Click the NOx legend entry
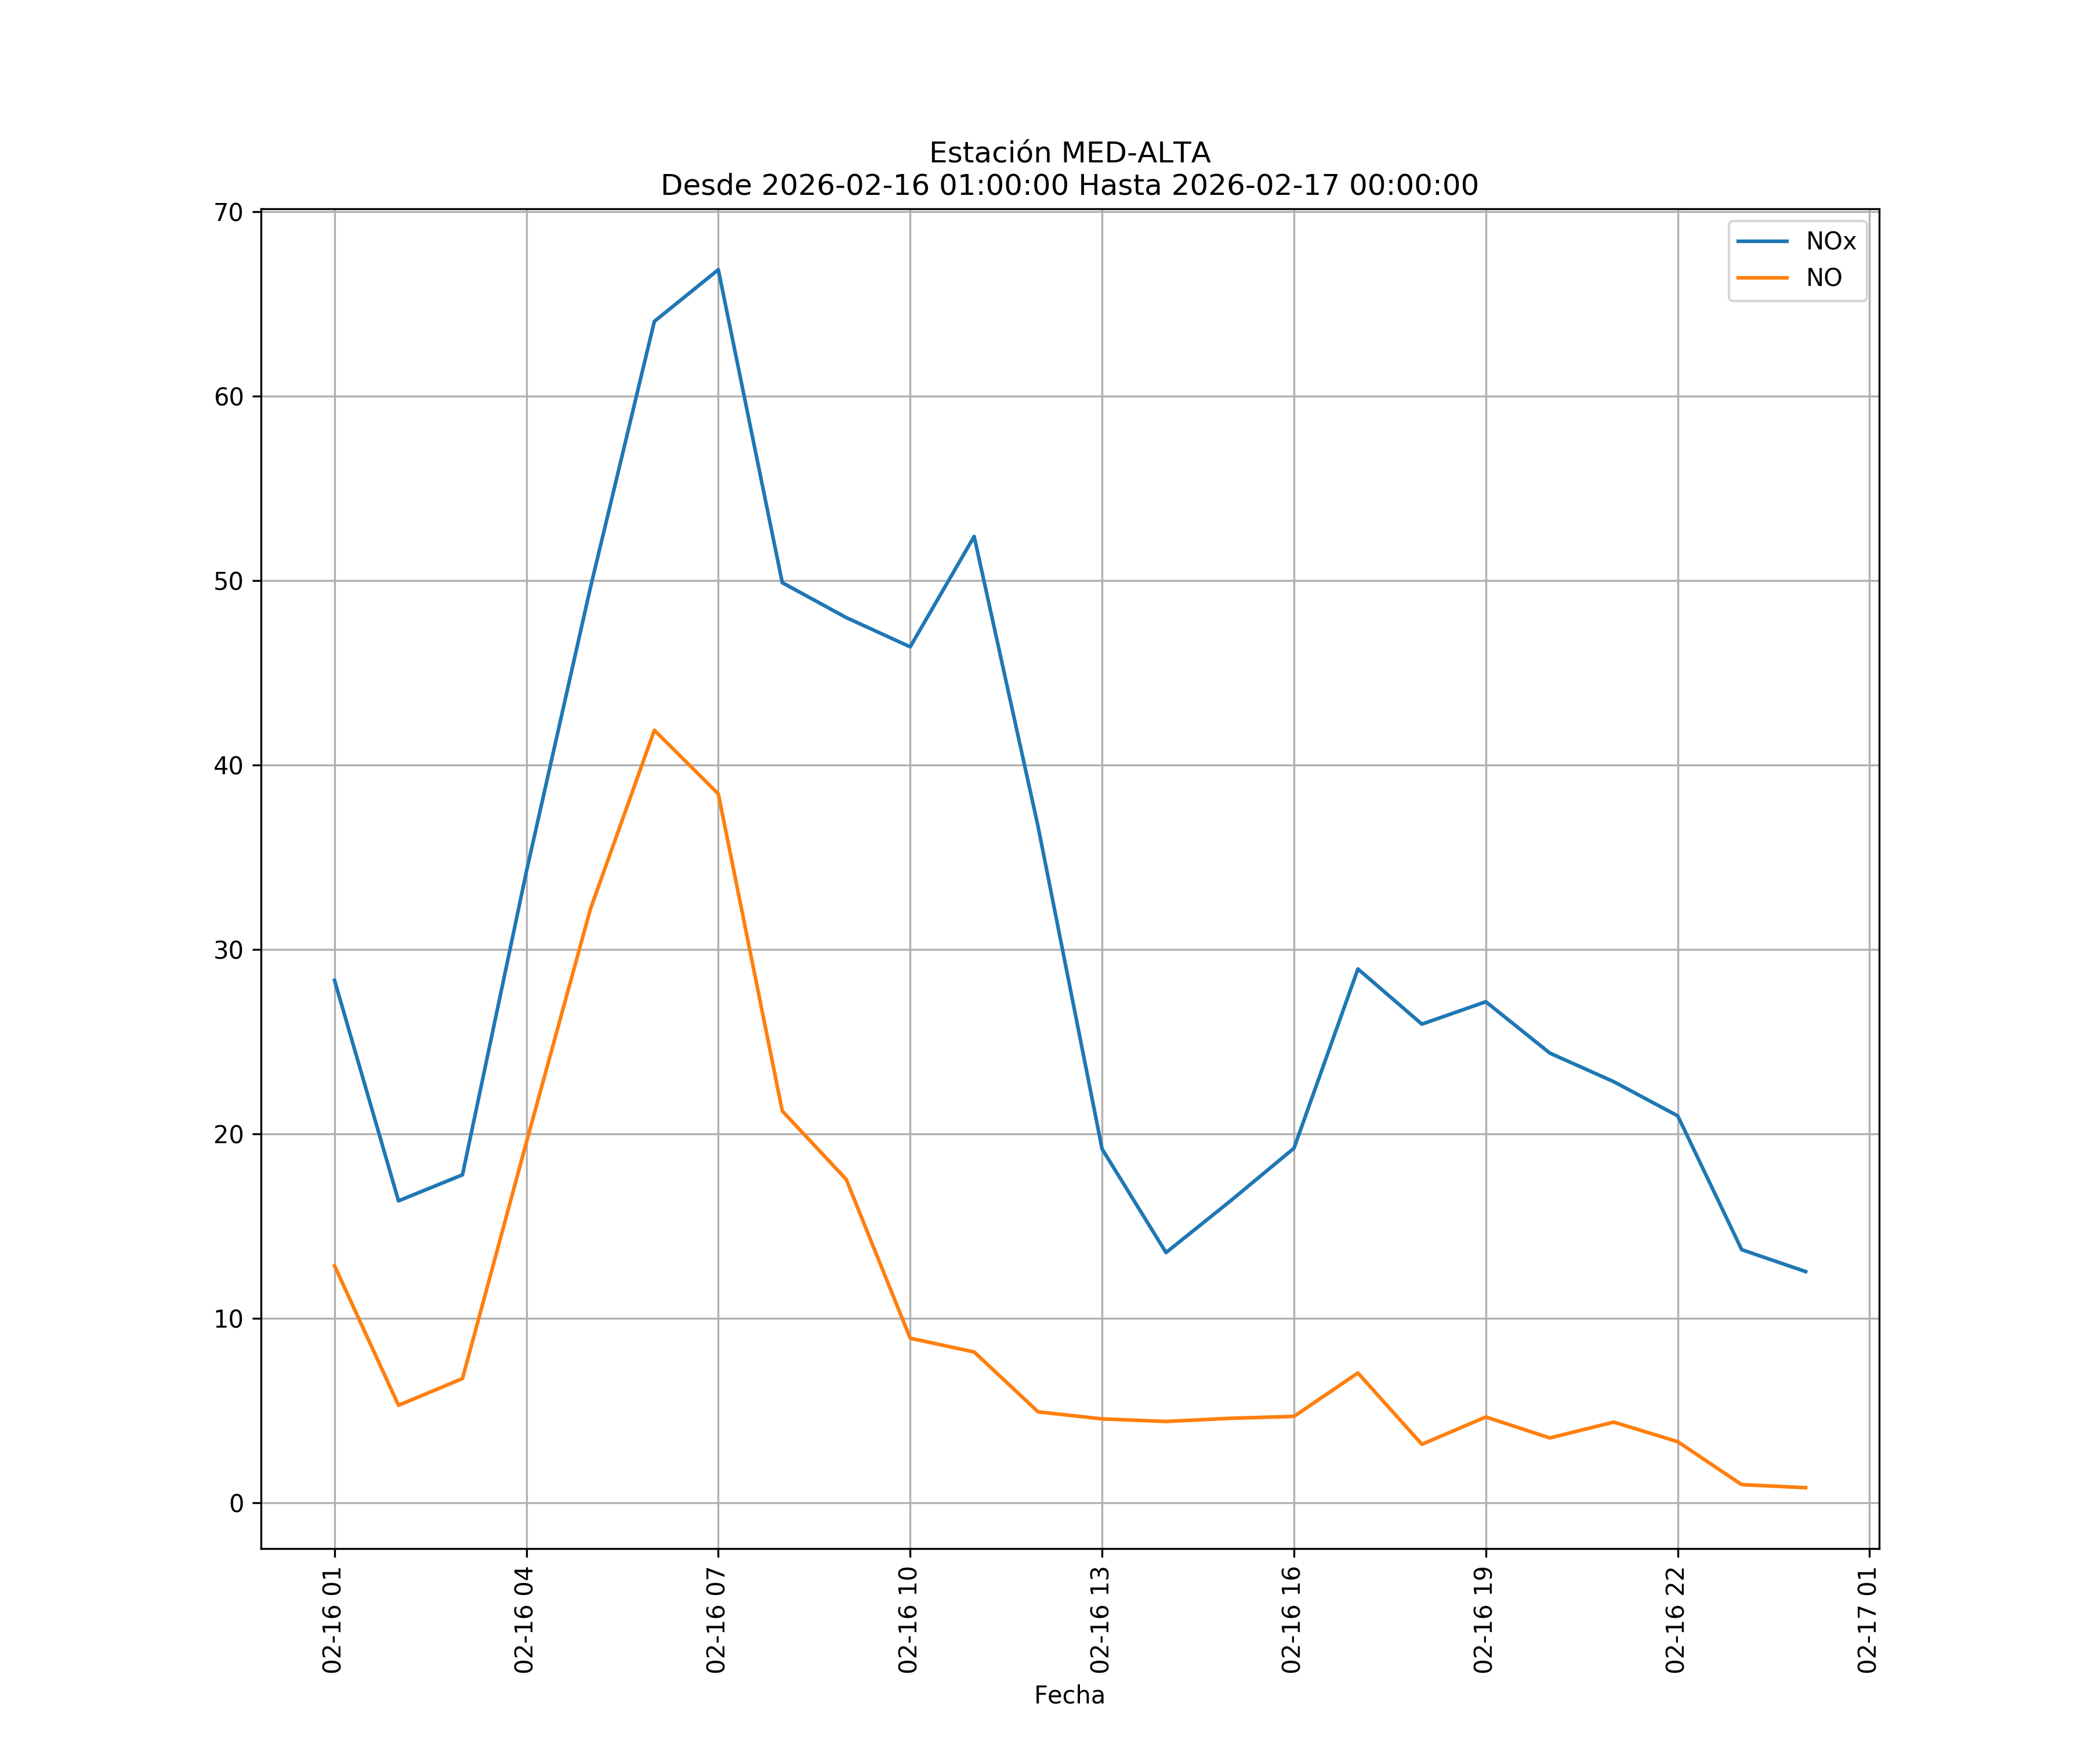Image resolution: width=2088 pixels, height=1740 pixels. [1829, 242]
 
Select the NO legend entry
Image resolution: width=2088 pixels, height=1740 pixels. [1824, 278]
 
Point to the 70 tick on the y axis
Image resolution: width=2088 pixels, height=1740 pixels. [228, 213]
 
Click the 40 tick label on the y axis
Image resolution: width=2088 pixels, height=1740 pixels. [228, 766]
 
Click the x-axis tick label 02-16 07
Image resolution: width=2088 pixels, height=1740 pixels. [717, 1620]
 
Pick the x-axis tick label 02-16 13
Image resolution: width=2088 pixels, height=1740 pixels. [1101, 1620]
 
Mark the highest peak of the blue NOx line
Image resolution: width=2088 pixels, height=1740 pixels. [718, 270]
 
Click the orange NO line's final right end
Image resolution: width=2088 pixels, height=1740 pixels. [1806, 1488]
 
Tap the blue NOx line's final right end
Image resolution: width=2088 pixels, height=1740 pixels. [1806, 1272]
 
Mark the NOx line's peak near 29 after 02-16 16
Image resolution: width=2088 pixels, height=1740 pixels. [1357, 969]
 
